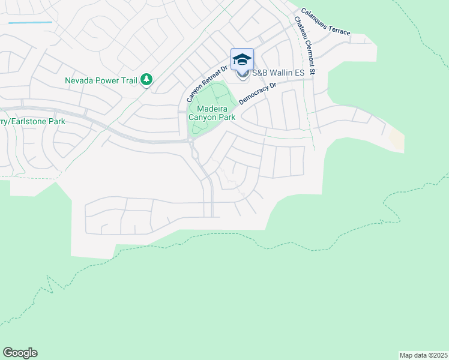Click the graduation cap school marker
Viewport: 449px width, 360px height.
click(x=242, y=59)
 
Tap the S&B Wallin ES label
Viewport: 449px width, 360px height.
click(x=279, y=73)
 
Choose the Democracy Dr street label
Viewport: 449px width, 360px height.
click(x=257, y=94)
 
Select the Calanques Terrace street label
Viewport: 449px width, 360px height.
click(x=325, y=21)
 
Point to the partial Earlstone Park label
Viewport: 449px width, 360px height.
click(x=32, y=121)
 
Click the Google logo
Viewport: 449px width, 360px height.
click(x=20, y=353)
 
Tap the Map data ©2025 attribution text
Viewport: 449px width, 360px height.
click(x=424, y=355)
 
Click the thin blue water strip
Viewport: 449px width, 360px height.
click(x=30, y=23)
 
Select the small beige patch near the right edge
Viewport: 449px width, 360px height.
click(x=396, y=140)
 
